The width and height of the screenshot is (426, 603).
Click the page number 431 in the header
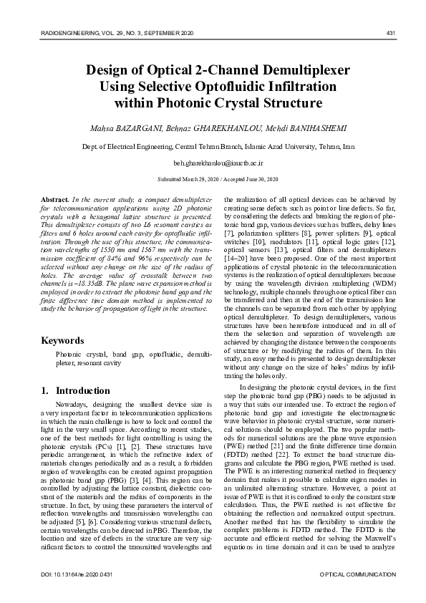[391, 34]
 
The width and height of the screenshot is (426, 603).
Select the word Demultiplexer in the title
[304, 70]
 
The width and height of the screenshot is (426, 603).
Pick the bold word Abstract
[55, 197]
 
